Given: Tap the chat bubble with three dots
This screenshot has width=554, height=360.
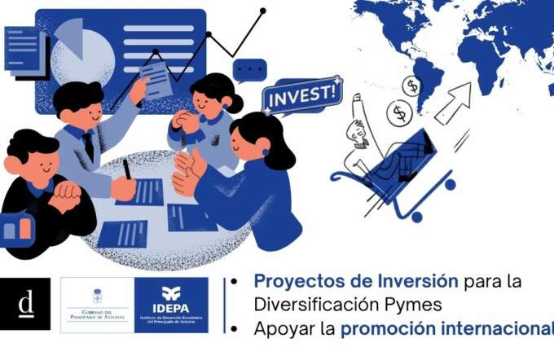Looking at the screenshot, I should coord(249,69).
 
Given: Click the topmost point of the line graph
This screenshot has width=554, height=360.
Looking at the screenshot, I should coord(262,11).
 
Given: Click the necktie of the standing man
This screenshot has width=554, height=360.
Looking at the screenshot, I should coord(87,147).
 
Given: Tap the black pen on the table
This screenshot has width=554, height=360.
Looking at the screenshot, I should coord(127,169).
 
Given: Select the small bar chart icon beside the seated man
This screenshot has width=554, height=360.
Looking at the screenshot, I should coord(18,229).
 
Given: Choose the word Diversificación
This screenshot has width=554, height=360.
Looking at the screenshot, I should coord(310,305).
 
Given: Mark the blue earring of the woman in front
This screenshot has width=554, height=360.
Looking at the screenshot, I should coord(266,152).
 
